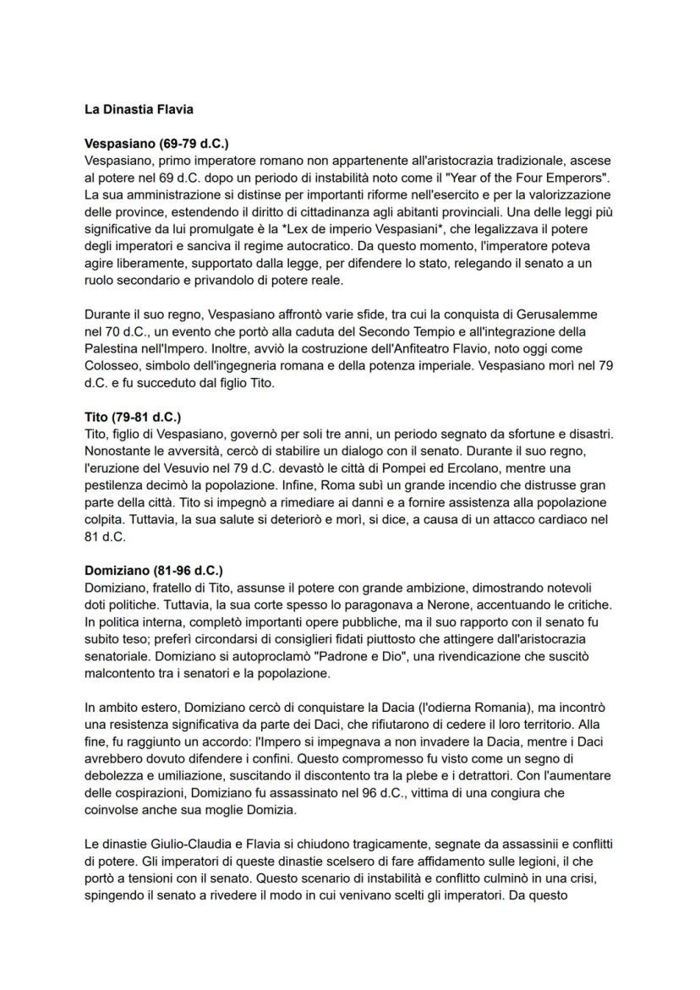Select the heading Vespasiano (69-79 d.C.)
point(156,144)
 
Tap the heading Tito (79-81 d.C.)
point(133,417)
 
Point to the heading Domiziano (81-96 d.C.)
point(154,571)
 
